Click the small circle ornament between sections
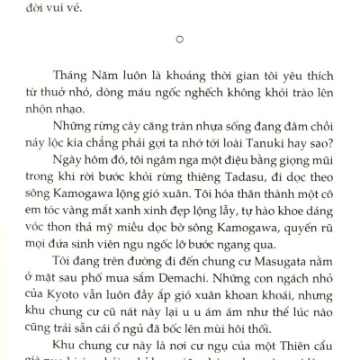click(181, 39)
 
